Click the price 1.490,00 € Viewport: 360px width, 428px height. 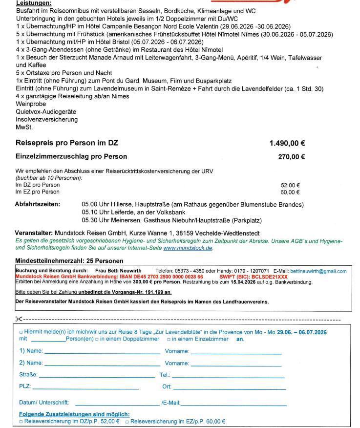pos(287,143)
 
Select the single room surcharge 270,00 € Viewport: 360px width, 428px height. pos(292,157)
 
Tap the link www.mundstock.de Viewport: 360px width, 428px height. pos(188,248)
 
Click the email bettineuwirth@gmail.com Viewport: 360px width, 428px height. pos(318,271)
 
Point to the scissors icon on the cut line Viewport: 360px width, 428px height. pos(19,319)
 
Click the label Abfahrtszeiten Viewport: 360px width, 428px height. pos(38,204)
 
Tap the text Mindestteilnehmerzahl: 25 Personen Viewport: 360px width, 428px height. pos(69,261)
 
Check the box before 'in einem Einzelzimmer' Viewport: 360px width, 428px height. pos(169,339)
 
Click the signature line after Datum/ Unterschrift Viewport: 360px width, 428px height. pos(117,403)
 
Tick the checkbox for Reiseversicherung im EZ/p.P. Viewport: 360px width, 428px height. pos(127,421)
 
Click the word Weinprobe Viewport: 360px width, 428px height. pos(31,104)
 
